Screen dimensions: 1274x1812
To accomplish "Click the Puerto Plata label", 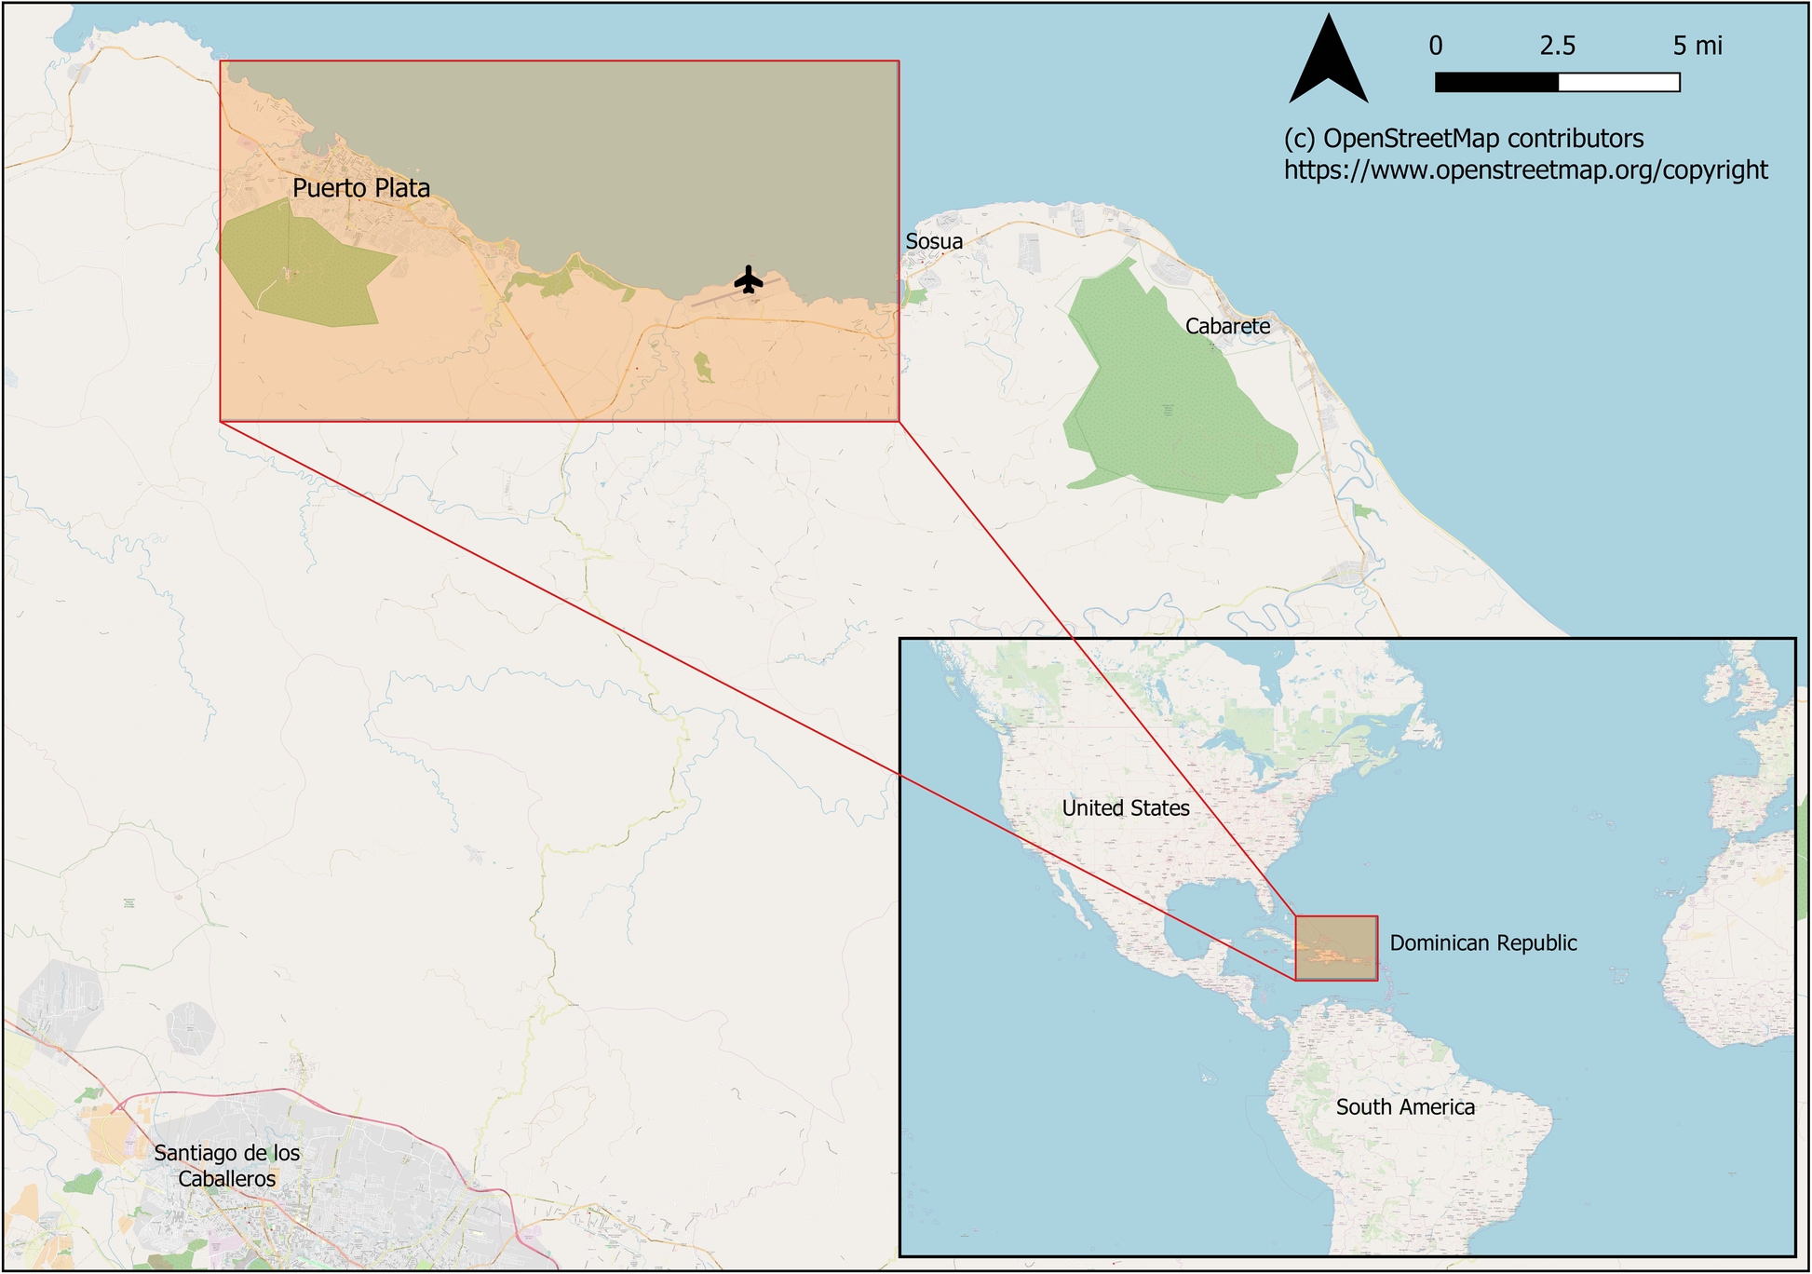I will (x=361, y=188).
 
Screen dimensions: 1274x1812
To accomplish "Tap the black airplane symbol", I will (x=749, y=279).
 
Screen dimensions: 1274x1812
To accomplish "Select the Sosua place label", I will (x=934, y=242).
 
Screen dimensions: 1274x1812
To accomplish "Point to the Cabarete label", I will (x=1227, y=327).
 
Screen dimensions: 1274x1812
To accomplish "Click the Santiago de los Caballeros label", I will (x=227, y=1166).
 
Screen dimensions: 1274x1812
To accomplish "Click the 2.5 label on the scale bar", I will (x=1557, y=46).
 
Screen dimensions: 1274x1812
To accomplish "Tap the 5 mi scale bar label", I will (x=1697, y=46).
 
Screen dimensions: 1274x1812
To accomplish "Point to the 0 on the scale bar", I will (x=1436, y=46).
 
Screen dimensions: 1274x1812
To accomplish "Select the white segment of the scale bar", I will (x=1618, y=83).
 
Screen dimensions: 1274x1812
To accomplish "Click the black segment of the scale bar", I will (x=1496, y=83).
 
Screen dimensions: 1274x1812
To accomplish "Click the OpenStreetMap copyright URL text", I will (x=1525, y=170).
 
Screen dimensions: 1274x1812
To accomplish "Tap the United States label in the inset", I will (x=1126, y=808).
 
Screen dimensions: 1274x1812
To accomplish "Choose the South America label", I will (x=1405, y=1107).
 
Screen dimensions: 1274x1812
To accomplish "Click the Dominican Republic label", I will (x=1483, y=943).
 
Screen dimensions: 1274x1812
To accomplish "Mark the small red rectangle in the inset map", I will (x=1336, y=948).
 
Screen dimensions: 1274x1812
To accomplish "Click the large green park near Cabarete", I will (x=1173, y=391).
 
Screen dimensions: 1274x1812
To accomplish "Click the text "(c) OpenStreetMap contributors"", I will (x=1464, y=139).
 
